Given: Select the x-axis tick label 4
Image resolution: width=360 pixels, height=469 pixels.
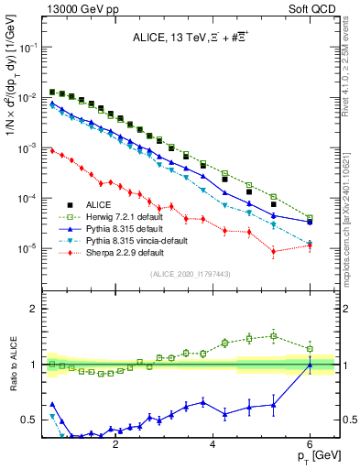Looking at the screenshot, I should tap(213, 439).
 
